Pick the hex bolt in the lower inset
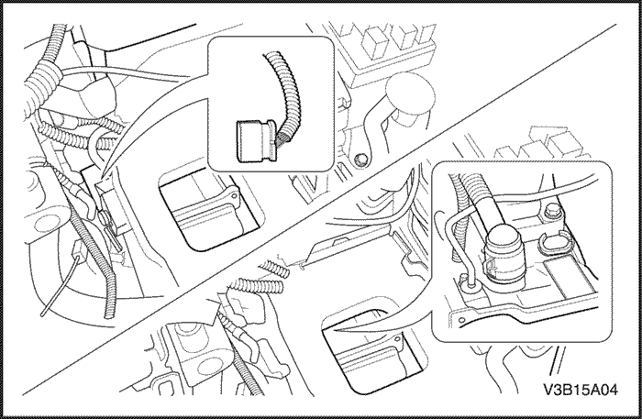pos(551,216)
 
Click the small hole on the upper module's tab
pos(234,194)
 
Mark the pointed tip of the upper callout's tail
pos(104,174)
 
